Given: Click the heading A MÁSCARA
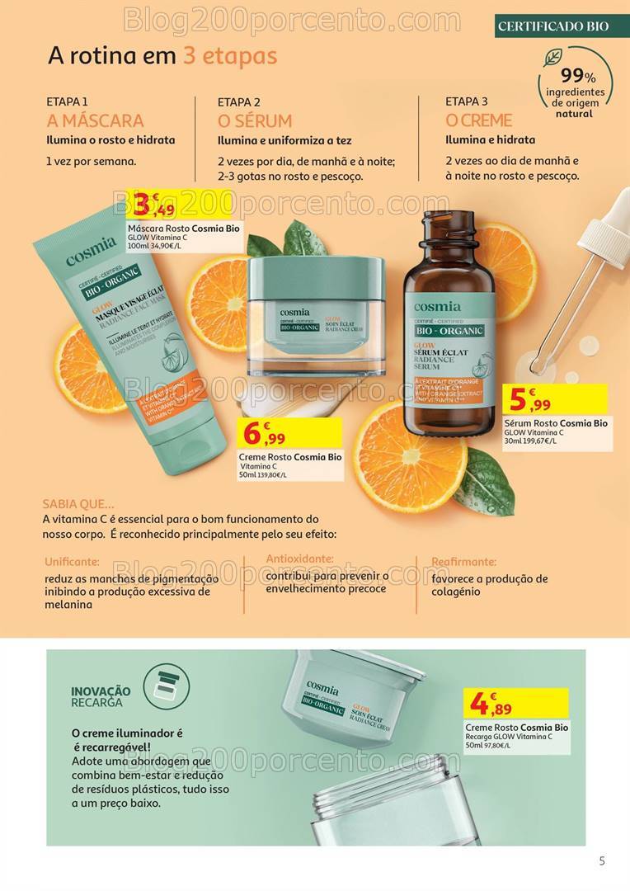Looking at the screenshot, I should pyautogui.click(x=95, y=120).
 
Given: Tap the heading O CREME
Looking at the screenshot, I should pyautogui.click(x=478, y=120).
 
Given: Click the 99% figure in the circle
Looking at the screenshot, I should pyautogui.click(x=578, y=75).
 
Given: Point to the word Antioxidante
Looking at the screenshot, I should pyautogui.click(x=299, y=559).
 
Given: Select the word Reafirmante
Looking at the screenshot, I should pyautogui.click(x=463, y=561).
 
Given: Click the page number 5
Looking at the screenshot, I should pyautogui.click(x=602, y=860).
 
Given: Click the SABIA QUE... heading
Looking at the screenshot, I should pyautogui.click(x=79, y=503).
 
